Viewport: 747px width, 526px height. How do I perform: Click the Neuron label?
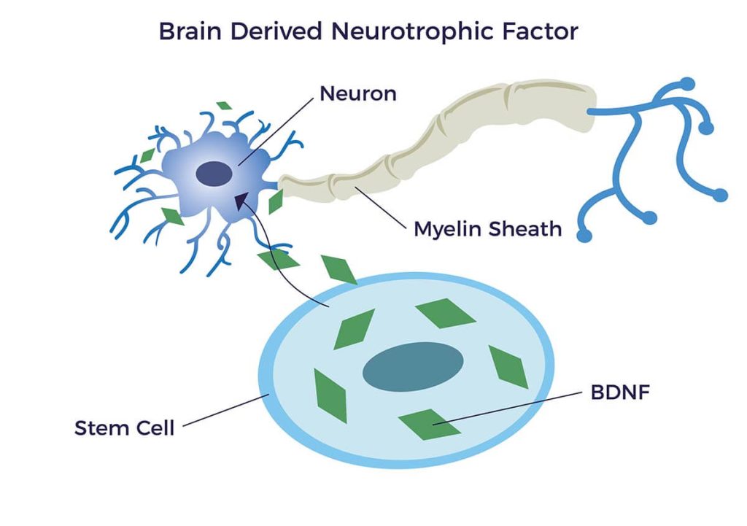point(358,93)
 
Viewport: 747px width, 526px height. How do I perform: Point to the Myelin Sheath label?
point(487,228)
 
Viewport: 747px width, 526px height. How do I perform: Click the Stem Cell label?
point(125,428)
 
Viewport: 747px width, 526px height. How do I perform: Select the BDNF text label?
point(619,392)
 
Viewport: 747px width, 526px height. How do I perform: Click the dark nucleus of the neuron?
point(214,174)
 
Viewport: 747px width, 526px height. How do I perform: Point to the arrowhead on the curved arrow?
point(239,198)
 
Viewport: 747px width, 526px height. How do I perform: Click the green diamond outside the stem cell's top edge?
point(339,269)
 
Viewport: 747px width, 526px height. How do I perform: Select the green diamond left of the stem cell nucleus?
point(330,395)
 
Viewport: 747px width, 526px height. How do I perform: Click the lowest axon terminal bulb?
point(584,235)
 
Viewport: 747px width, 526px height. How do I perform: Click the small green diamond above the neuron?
point(225,106)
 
